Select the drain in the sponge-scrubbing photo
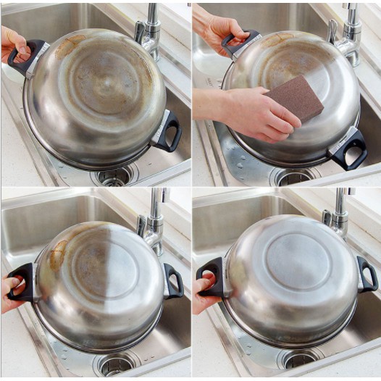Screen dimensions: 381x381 [294, 176]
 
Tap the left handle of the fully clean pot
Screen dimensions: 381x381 [211, 277]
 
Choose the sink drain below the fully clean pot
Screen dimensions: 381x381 [301, 358]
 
